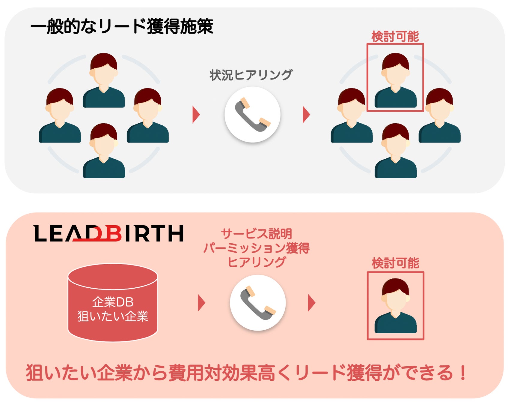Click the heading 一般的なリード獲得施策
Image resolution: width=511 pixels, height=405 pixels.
tap(122, 26)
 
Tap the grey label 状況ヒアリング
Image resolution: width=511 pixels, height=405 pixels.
tap(251, 75)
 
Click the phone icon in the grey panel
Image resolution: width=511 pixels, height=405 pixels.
tap(252, 115)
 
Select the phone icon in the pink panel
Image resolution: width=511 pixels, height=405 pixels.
tap(258, 303)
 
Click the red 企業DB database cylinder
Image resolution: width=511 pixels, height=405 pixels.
tap(113, 303)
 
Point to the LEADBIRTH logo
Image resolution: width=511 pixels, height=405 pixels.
tap(108, 233)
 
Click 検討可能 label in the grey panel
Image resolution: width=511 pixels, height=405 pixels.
tap(395, 37)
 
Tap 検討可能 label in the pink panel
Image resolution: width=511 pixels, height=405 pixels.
tap(395, 263)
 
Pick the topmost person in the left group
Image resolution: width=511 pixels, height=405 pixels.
tap(104, 80)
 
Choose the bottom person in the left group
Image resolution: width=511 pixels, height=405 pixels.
tap(104, 151)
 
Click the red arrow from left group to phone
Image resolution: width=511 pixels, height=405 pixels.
tap(196, 114)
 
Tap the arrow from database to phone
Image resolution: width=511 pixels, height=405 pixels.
tap(201, 303)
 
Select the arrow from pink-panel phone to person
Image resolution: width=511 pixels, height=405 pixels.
tap(312, 303)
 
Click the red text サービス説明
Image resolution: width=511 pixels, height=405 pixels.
tap(257, 234)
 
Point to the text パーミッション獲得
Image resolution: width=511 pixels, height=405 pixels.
tap(257, 248)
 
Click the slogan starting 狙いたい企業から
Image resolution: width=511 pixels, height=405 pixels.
tap(246, 373)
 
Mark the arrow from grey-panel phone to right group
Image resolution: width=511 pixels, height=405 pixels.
tap(306, 114)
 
